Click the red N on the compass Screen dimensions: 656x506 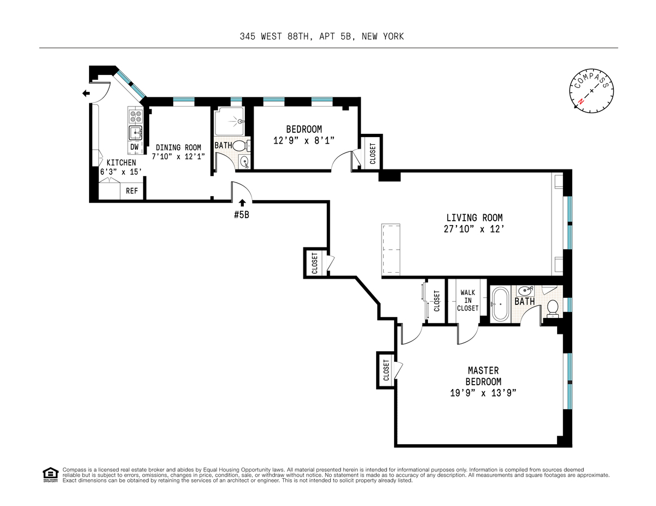tap(581, 102)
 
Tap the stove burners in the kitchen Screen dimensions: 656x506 tap(136, 116)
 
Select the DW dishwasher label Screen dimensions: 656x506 tap(134, 147)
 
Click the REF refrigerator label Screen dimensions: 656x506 tap(132, 191)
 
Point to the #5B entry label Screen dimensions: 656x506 tap(242, 215)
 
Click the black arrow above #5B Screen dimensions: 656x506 tap(242, 203)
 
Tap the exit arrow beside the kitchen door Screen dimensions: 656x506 tap(86, 93)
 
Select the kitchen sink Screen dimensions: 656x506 tap(136, 133)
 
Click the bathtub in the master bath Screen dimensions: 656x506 tap(500, 304)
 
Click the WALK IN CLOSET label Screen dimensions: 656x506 tap(467, 300)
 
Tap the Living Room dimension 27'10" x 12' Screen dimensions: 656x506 tap(475, 229)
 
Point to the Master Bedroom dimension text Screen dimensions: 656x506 tap(483, 393)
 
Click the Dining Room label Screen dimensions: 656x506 tap(178, 148)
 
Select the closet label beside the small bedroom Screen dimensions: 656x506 tap(372, 154)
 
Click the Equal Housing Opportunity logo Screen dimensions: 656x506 tap(50, 475)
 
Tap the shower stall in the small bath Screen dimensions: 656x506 tap(229, 121)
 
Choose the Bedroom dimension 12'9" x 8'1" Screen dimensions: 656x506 tap(304, 140)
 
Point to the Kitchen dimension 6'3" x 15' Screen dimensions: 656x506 tap(121, 172)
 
